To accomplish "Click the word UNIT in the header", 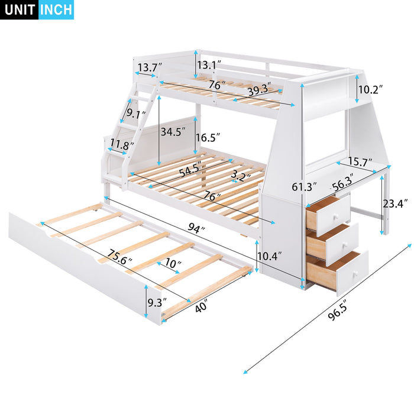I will coord(20,10).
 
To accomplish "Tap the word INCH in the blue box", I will coord(56,10).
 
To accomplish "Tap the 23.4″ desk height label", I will coord(394,205).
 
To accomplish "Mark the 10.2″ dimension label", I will coord(371,89).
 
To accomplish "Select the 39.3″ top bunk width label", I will coord(260,89).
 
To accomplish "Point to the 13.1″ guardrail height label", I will coord(209,64).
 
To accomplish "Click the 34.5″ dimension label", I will coord(173,132).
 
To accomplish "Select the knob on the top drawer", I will coord(334,215).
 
